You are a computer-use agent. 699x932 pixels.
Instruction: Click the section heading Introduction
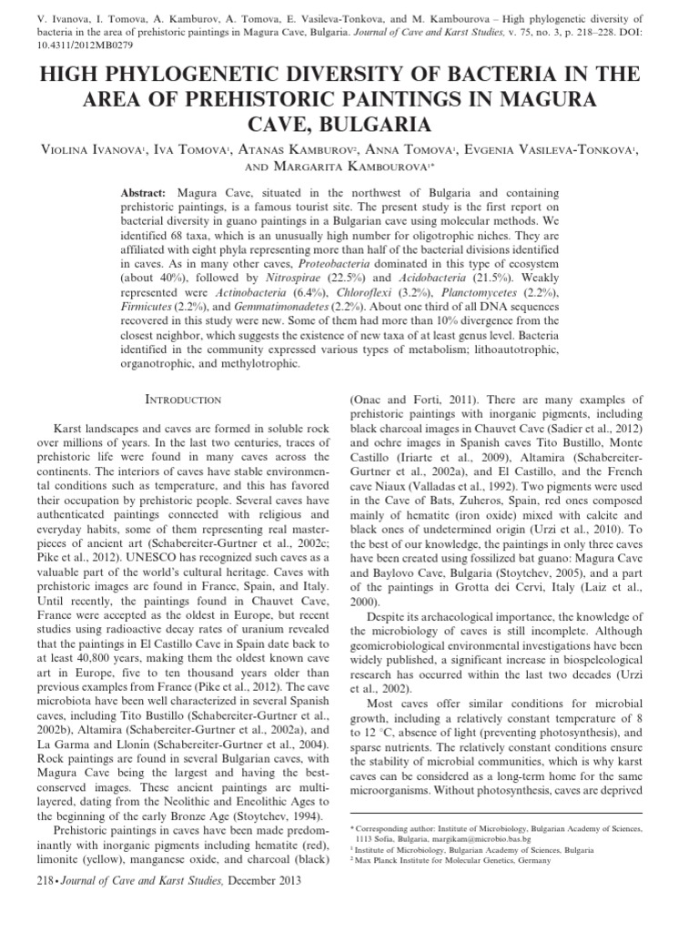tap(183, 400)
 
